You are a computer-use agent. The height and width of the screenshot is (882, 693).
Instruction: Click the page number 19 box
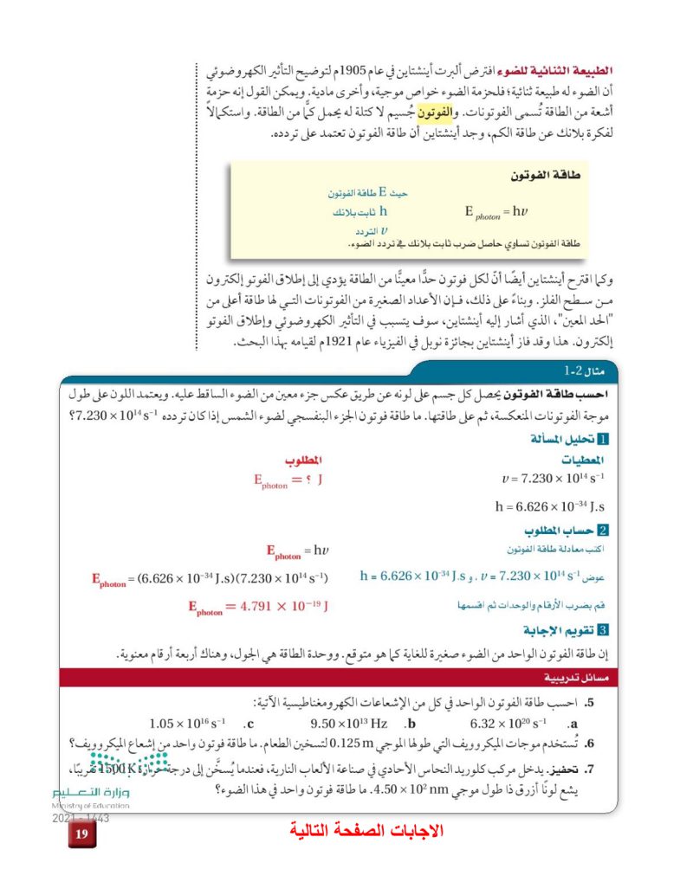coord(81,834)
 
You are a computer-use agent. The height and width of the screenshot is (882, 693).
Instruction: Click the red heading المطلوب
coord(303,459)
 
